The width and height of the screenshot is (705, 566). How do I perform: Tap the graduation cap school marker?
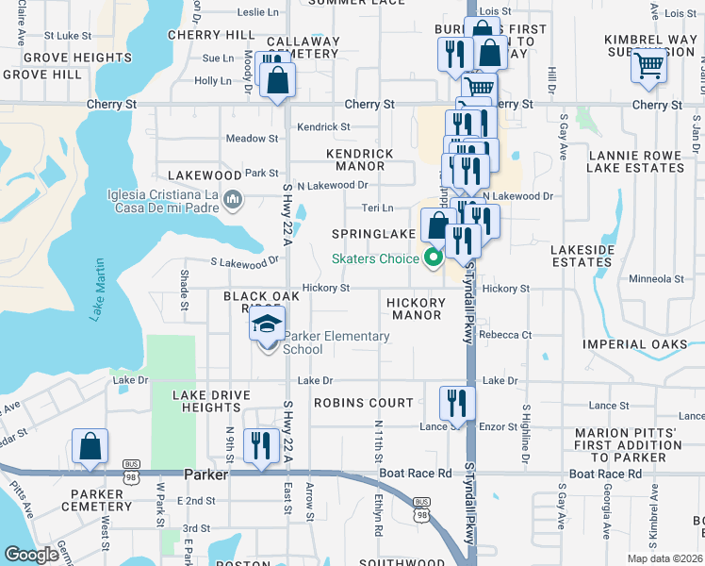click(267, 325)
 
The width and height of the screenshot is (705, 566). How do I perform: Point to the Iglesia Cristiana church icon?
click(236, 198)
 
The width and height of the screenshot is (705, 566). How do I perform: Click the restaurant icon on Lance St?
click(458, 404)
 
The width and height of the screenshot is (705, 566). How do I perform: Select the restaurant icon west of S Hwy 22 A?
click(260, 445)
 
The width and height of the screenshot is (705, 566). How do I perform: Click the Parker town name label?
click(205, 474)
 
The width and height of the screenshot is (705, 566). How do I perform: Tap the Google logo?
click(32, 555)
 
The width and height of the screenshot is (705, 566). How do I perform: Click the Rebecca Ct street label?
click(505, 335)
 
